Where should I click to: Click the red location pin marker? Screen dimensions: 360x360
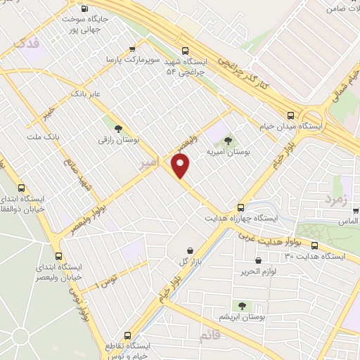coord(181,166)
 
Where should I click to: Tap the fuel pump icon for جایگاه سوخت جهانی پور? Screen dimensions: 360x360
coord(85,9)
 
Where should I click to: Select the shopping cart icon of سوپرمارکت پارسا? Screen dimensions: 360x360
coord(132,49)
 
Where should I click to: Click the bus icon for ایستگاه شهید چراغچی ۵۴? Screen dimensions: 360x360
coord(186,50)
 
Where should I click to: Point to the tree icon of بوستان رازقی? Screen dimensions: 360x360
coord(117,129)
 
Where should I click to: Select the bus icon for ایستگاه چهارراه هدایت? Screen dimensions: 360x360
coord(241,207)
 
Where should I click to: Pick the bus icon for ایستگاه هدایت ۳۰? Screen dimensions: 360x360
coord(314,246)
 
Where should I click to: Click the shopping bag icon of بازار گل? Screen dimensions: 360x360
coord(190,250)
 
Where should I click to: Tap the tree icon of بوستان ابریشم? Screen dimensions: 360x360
coord(243,306)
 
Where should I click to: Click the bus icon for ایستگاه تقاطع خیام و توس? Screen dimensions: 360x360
coord(127,335)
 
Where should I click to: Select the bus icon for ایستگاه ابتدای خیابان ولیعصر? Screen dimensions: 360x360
coord(58,257)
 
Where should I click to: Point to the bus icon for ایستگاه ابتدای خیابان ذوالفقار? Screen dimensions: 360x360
coord(22,188)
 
